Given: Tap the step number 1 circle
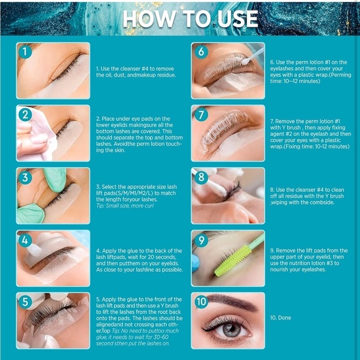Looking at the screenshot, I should [x=25, y=52].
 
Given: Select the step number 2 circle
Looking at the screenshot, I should [x=25, y=114].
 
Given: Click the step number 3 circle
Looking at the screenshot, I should [x=25, y=178].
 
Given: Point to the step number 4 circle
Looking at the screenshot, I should [x=25, y=240].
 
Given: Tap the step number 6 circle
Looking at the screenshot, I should [x=200, y=52].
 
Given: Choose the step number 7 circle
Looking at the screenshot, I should [x=200, y=114].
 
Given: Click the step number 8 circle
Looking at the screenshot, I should [x=200, y=178].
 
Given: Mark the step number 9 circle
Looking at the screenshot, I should [x=200, y=240].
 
